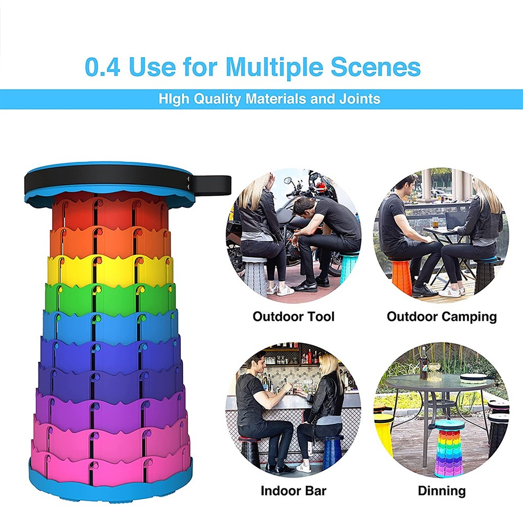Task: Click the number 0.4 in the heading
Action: point(102,67)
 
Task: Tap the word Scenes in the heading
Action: point(376,67)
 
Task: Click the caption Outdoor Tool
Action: point(294,316)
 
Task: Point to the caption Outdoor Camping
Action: point(442,317)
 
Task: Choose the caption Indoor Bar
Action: point(294,491)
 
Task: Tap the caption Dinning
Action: point(442,491)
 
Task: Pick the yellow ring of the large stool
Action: point(110,268)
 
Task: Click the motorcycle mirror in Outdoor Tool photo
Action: point(289,181)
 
